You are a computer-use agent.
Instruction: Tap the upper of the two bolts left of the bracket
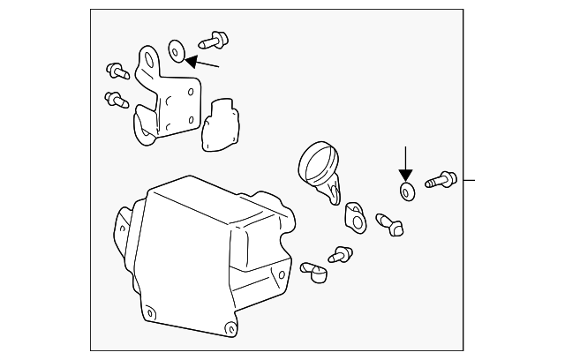116,70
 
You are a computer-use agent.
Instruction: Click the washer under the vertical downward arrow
407,191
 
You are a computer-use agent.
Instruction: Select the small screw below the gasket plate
338,255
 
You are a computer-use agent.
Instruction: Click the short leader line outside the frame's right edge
471,180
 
